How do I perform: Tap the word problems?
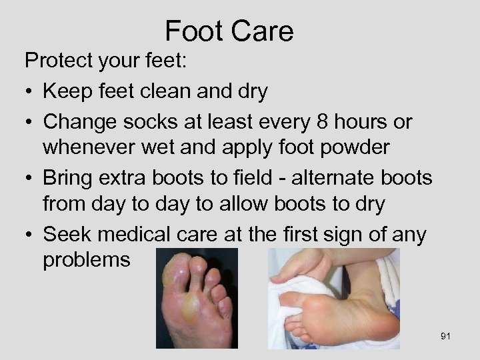[x=87, y=259]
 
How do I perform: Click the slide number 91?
[x=445, y=336]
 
